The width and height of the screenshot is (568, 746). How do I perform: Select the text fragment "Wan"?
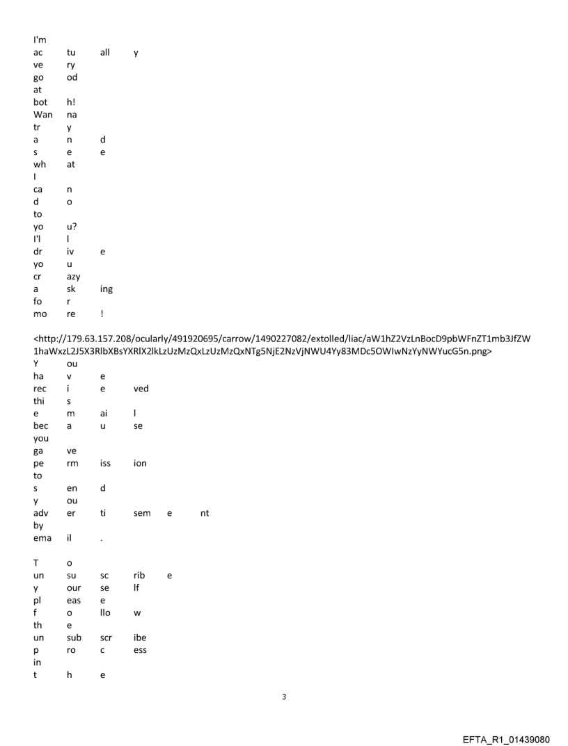click(x=42, y=115)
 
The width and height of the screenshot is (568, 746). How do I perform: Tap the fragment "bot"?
click(x=41, y=102)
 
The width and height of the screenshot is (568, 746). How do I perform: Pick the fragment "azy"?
click(x=73, y=277)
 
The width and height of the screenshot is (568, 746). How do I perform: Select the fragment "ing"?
click(x=107, y=290)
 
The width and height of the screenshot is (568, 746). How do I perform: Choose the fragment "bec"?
click(x=41, y=426)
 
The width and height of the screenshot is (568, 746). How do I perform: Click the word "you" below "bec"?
click(x=41, y=439)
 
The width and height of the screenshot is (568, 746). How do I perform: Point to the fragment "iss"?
click(x=106, y=464)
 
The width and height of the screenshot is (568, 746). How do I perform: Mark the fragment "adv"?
click(x=41, y=514)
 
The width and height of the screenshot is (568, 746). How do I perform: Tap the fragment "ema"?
click(x=42, y=539)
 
